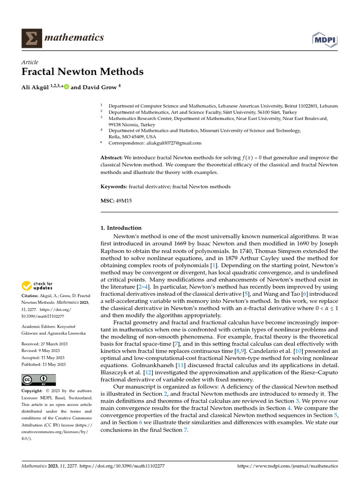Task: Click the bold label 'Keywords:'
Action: [x=113, y=187]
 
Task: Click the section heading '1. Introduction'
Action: [x=121, y=228]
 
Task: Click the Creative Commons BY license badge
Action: [x=38, y=380]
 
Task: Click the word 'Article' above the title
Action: [x=30, y=62]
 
